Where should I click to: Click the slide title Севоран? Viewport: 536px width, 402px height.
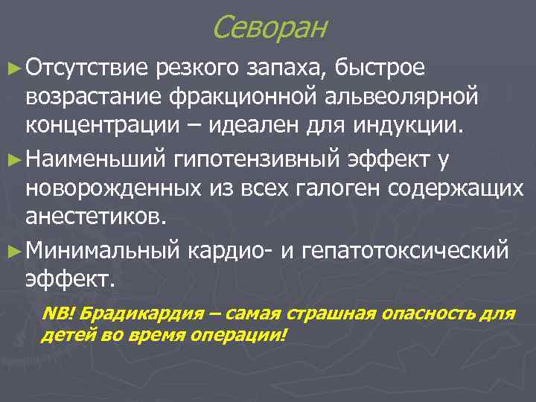click(x=269, y=28)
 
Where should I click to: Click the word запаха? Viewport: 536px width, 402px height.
click(x=288, y=69)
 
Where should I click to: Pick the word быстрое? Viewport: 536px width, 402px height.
click(x=380, y=69)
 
